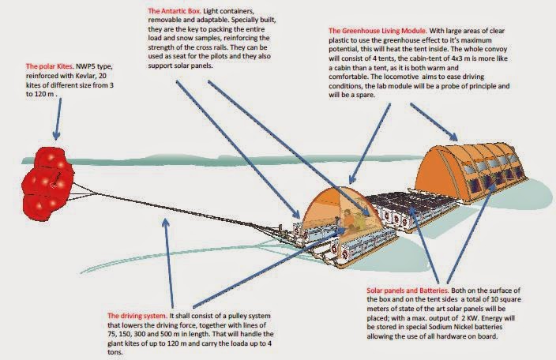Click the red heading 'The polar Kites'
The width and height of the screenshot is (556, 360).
pyautogui.click(x=49, y=66)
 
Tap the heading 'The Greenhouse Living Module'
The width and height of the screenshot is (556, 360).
pyautogui.click(x=378, y=31)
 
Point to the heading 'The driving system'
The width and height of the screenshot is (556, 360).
pyautogui.click(x=137, y=316)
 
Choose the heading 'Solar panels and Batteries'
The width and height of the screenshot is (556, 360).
pyautogui.click(x=408, y=291)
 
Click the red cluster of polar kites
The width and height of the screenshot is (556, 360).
pyautogui.click(x=48, y=183)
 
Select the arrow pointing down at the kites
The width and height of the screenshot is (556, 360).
pyautogui.click(x=58, y=118)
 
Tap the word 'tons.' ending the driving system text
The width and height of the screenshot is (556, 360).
pyautogui.click(x=115, y=352)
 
